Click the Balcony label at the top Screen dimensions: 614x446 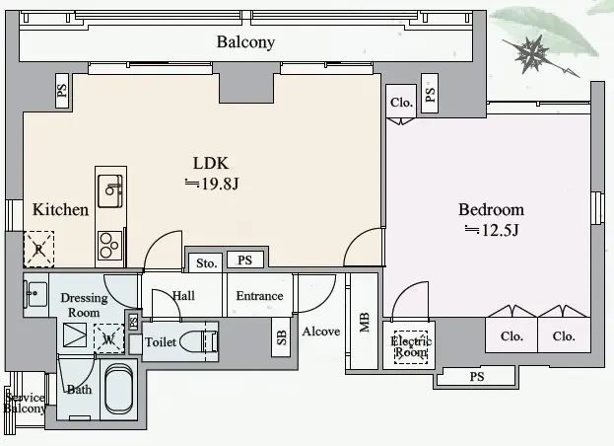(245, 41)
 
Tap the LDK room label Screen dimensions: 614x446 (211, 163)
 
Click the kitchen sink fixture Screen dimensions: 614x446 (110, 190)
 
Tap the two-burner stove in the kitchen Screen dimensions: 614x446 (109, 246)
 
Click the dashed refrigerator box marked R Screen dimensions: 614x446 (38, 250)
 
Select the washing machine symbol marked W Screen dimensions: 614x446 (108, 339)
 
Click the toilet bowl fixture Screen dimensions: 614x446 (199, 341)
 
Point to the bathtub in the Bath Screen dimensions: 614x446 (119, 390)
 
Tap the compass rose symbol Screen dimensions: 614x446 (532, 53)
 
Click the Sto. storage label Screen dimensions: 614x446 (206, 263)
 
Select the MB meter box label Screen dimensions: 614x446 (365, 322)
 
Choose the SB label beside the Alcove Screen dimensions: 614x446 (281, 337)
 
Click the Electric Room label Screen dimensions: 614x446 (411, 347)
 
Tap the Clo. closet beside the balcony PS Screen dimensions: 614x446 (401, 103)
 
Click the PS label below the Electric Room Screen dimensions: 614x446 (477, 377)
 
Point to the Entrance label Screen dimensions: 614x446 (259, 295)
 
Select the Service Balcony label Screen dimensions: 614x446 (25, 403)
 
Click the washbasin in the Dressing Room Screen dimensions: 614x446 (36, 294)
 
